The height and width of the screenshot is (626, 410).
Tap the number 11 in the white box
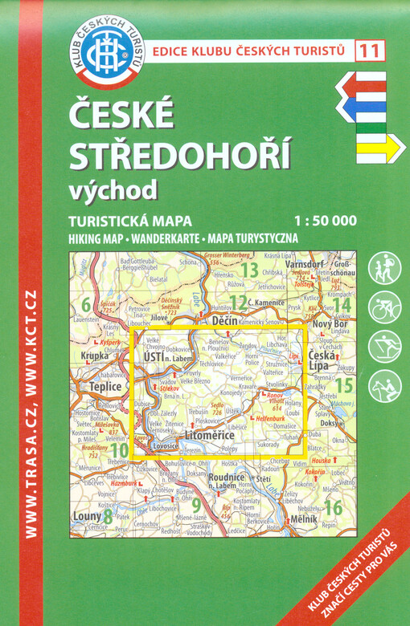tap(370, 51)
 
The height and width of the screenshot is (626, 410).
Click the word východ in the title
tap(113, 189)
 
